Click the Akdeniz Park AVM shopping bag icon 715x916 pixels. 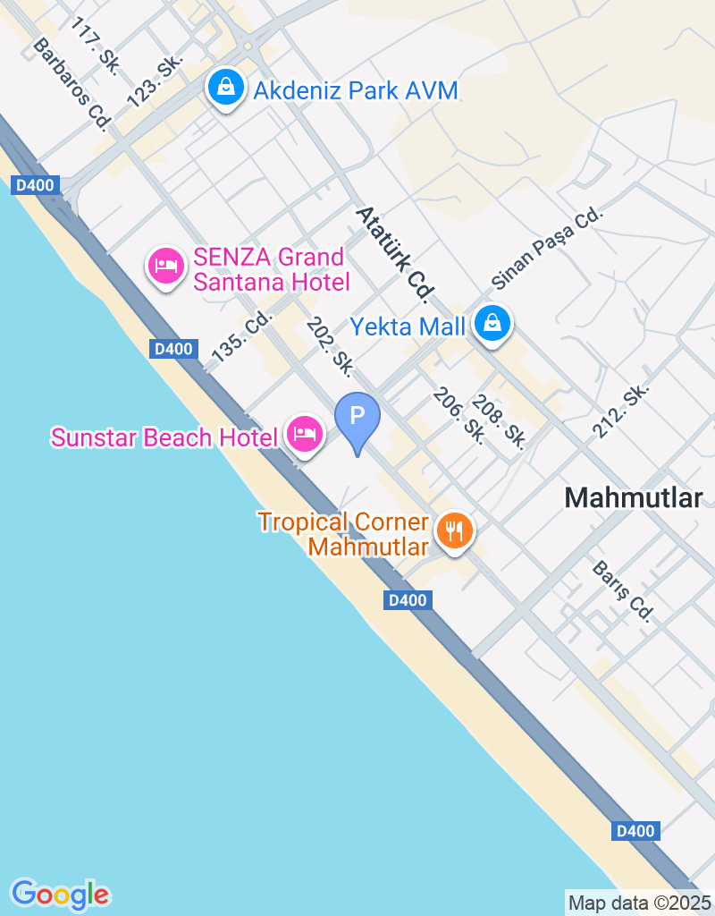point(227,88)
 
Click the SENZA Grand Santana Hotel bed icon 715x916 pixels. point(166,266)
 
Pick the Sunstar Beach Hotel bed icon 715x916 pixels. point(305,435)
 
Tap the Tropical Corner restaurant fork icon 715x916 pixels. point(455,530)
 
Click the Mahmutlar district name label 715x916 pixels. point(634,498)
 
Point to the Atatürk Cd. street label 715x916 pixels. point(395,253)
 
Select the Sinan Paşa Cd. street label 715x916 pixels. point(548,250)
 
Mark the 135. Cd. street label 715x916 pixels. point(241,335)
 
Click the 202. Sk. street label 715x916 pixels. point(330,344)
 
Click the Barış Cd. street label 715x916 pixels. point(624,591)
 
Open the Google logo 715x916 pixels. point(60,894)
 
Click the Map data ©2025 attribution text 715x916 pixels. point(639,903)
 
